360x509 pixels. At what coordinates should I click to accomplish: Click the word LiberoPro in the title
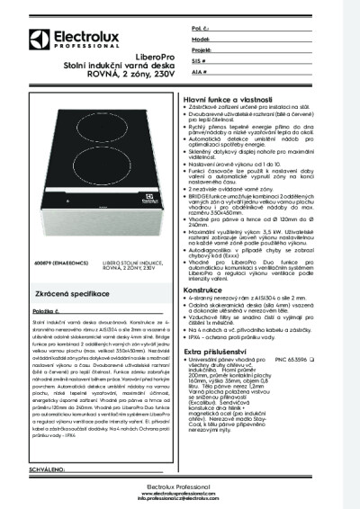click(x=131, y=72)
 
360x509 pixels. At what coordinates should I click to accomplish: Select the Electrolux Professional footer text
click(x=179, y=487)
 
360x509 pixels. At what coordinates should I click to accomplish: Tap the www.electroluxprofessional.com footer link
click(x=179, y=493)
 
